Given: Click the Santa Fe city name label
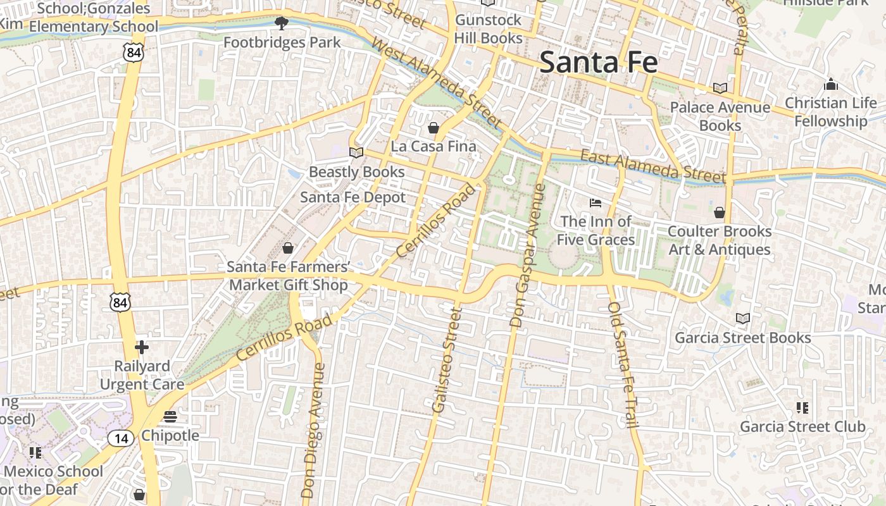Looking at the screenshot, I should click(x=599, y=63).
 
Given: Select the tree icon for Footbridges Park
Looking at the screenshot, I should click(x=282, y=24).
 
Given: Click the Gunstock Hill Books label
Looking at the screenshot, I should click(x=489, y=29).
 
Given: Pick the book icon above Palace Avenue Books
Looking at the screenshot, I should click(x=720, y=88).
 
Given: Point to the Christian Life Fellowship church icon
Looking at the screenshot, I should click(x=831, y=84).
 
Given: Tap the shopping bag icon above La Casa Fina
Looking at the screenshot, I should click(x=434, y=128).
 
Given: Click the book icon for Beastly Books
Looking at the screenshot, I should click(x=356, y=152).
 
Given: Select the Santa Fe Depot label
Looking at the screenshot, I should click(x=353, y=197).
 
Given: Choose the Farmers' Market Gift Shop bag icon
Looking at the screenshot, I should click(x=288, y=247).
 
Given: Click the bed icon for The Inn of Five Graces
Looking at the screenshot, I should click(x=596, y=202).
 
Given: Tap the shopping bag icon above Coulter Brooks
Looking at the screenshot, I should click(x=720, y=213).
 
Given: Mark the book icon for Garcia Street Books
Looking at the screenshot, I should click(x=743, y=318).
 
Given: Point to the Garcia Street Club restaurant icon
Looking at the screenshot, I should click(x=802, y=408).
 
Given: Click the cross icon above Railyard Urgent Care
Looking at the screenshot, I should click(x=142, y=347).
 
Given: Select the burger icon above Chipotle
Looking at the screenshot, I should click(x=170, y=417).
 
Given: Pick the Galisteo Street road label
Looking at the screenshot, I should click(x=445, y=361).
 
